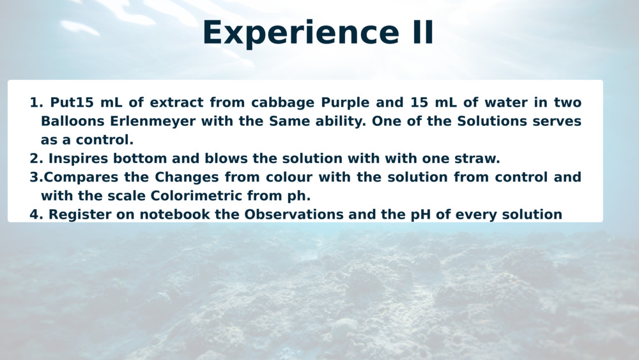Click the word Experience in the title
click(x=301, y=33)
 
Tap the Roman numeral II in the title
click(x=422, y=32)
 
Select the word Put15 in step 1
click(x=72, y=102)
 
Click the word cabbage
click(x=283, y=103)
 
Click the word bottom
click(x=140, y=158)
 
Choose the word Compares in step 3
click(x=81, y=178)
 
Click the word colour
click(x=289, y=177)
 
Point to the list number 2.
click(x=36, y=159)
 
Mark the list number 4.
click(x=36, y=215)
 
